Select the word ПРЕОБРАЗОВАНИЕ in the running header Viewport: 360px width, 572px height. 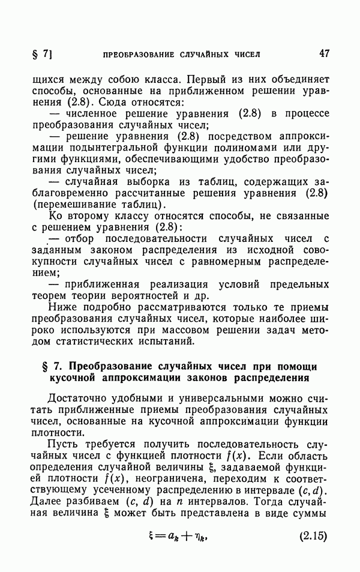coord(139,54)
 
